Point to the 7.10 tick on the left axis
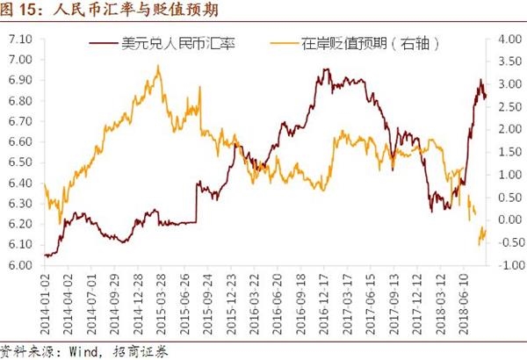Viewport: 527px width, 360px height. pos(18,40)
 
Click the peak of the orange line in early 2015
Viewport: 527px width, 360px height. pos(158,66)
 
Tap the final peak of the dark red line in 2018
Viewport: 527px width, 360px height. pos(480,80)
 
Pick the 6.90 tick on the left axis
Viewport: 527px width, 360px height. pos(18,80)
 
